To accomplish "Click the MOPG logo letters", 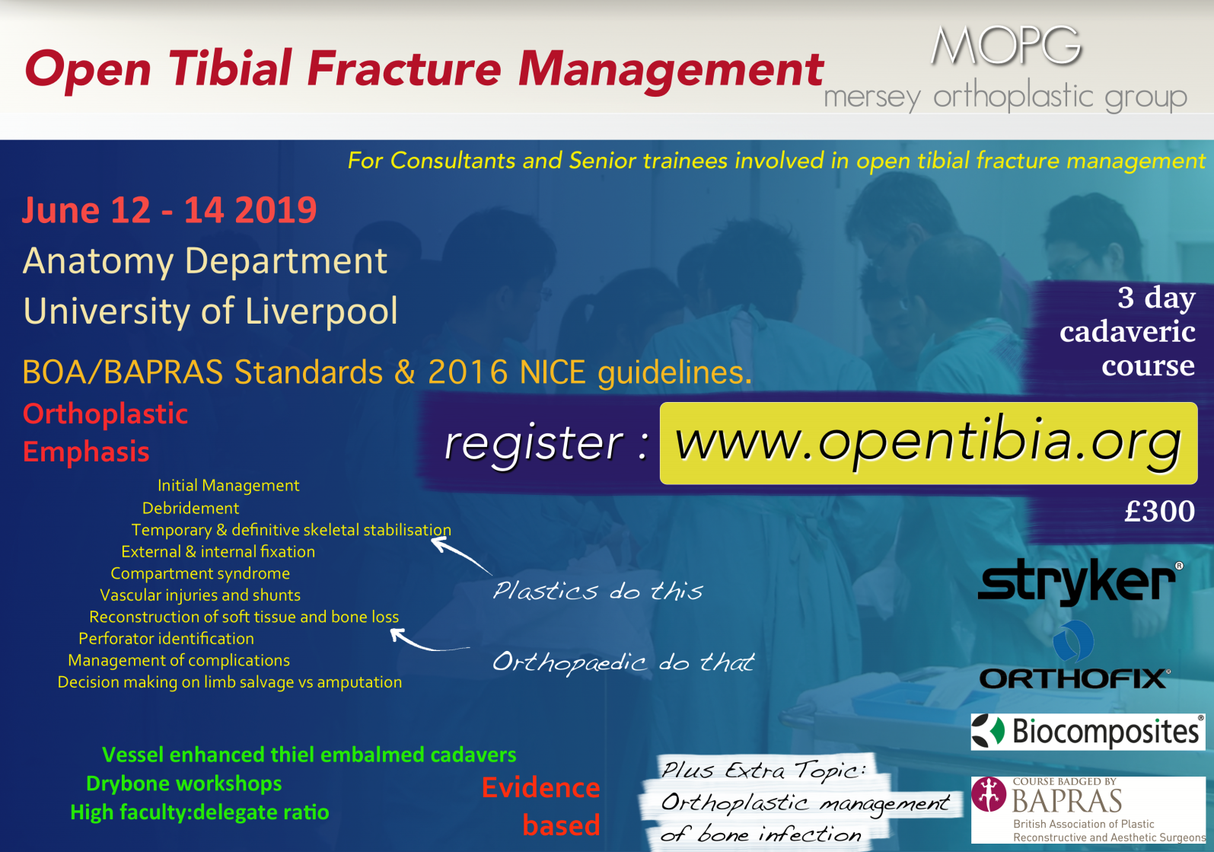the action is [1006, 46].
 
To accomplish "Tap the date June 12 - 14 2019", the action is [169, 210].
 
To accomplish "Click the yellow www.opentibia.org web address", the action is [928, 443].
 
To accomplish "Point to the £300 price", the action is [1159, 511].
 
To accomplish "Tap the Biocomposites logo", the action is [1088, 732].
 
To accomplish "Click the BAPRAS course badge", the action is [1088, 809].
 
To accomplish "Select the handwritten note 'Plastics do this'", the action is [597, 590].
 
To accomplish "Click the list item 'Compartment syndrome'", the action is [200, 573].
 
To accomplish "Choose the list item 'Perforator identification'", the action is [167, 639].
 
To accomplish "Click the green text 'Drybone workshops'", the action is [184, 783].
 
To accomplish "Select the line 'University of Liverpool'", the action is [210, 311].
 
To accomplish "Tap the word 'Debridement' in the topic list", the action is [190, 508].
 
